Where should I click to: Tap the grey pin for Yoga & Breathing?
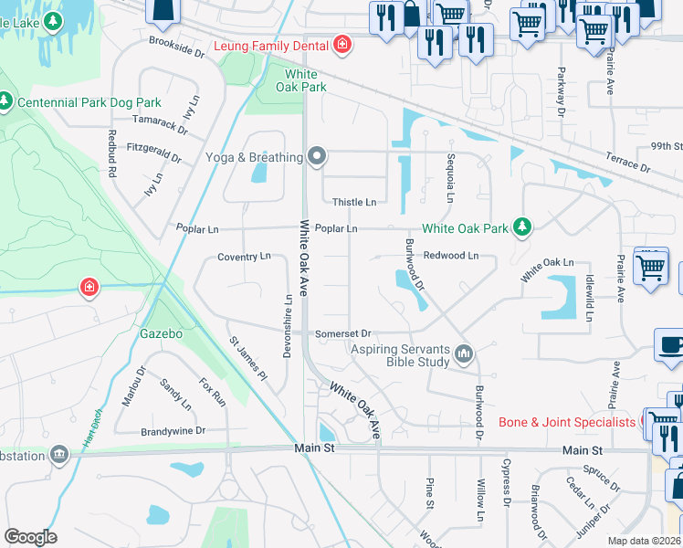pyautogui.click(x=317, y=157)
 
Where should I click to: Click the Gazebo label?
pyautogui.click(x=161, y=333)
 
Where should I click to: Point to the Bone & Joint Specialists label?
pyautogui.click(x=566, y=422)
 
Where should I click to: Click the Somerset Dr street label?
pyautogui.click(x=342, y=334)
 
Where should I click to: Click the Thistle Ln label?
pyautogui.click(x=353, y=202)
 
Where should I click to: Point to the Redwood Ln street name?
pyautogui.click(x=450, y=256)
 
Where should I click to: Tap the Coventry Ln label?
pyautogui.click(x=244, y=257)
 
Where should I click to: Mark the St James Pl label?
pyautogui.click(x=247, y=358)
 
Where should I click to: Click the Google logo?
pyautogui.click(x=29, y=536)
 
